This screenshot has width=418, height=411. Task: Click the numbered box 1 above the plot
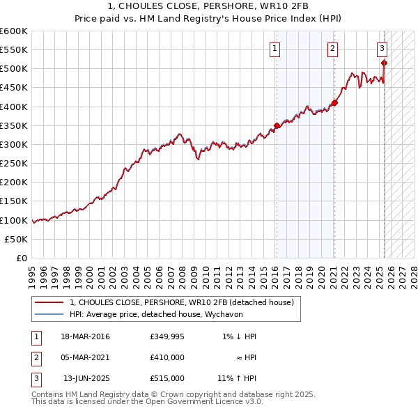point(275,49)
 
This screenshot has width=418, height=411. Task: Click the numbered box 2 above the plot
point(333,49)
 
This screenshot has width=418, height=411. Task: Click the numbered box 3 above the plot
point(382,49)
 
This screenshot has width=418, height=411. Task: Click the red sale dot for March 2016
point(277,125)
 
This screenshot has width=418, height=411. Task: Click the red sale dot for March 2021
point(334,102)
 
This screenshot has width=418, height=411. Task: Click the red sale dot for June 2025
point(385,63)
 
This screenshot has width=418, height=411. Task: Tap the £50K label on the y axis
point(17,239)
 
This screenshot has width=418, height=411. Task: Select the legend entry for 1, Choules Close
point(182,302)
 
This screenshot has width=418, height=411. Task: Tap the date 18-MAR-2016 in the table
point(85,336)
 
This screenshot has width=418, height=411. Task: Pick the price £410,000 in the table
point(167,357)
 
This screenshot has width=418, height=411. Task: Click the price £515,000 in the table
point(167,378)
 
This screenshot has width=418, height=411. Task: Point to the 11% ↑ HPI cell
point(237,378)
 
